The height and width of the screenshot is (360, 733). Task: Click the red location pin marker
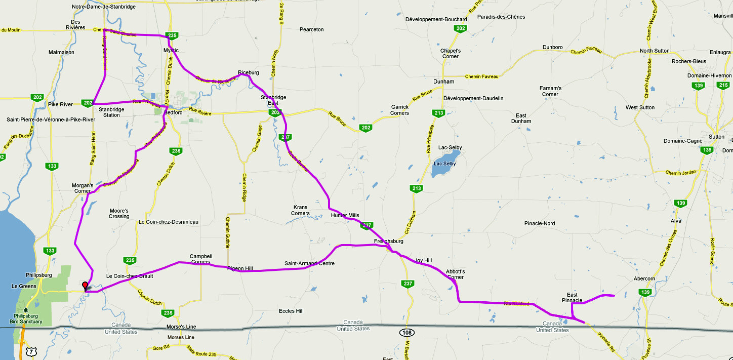tap(85, 286)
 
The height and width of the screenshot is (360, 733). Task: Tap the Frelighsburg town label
tap(388, 241)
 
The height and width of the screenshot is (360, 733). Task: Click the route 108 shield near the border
tap(406, 332)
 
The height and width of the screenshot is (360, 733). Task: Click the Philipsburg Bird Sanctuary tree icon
tap(25, 309)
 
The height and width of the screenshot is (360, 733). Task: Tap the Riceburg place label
tap(248, 72)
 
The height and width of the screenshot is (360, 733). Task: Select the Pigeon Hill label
tap(240, 268)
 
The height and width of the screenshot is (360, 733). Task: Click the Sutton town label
tap(716, 137)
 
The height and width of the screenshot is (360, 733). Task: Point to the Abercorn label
tap(644, 278)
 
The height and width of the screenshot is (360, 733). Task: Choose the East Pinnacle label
tap(572, 297)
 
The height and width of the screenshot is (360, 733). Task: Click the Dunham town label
tap(443, 81)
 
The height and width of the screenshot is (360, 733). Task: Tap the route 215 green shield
tap(723, 85)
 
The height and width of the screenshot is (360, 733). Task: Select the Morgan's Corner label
tap(82, 188)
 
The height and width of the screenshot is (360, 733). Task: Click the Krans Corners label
tap(300, 210)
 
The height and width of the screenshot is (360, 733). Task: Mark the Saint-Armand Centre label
tap(309, 263)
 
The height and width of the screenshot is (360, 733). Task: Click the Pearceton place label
tap(311, 29)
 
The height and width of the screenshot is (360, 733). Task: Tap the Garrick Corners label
tap(399, 110)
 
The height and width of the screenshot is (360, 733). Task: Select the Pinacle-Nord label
tap(540, 223)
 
